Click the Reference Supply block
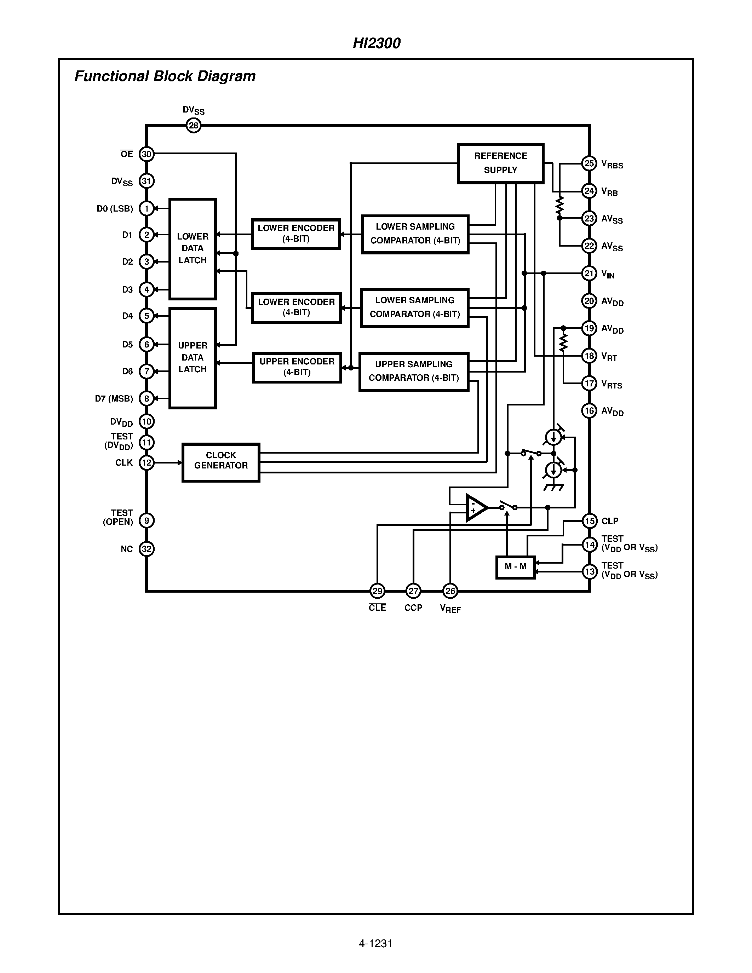coord(500,163)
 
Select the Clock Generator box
coord(221,462)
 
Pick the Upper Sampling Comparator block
coord(414,372)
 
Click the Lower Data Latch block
coord(193,249)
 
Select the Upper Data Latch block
coord(193,358)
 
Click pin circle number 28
coord(193,126)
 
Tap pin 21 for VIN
coord(589,273)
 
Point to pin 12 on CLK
coord(147,462)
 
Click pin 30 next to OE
coord(147,154)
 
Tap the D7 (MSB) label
coord(114,399)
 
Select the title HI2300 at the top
coord(377,43)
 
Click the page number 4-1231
coord(375,943)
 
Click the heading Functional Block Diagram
coord(165,76)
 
